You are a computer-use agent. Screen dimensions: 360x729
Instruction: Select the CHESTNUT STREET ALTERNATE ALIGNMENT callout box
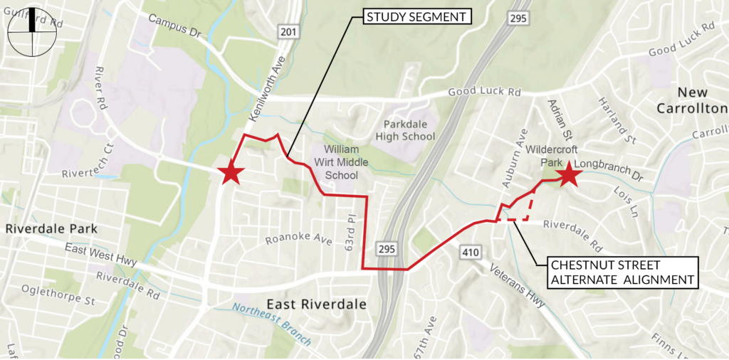point(622,272)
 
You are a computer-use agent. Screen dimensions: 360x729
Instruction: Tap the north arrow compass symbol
point(31,33)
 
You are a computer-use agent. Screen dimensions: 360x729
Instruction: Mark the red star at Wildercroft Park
point(567,175)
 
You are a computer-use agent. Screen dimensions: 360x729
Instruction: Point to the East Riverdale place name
point(317,305)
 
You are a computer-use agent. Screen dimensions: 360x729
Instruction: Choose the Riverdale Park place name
point(51,228)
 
